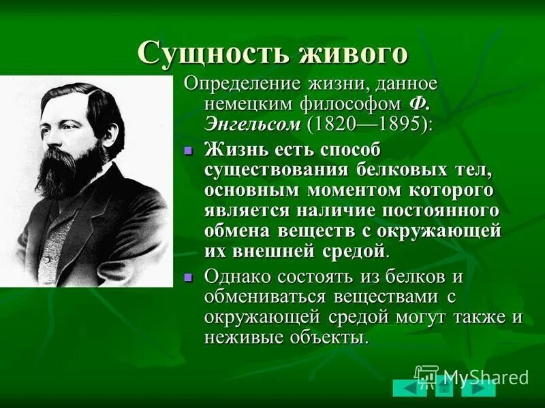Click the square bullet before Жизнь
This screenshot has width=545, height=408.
pyautogui.click(x=190, y=150)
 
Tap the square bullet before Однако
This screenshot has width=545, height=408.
pyautogui.click(x=190, y=277)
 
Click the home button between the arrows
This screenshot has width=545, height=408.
pyautogui.click(x=444, y=388)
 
